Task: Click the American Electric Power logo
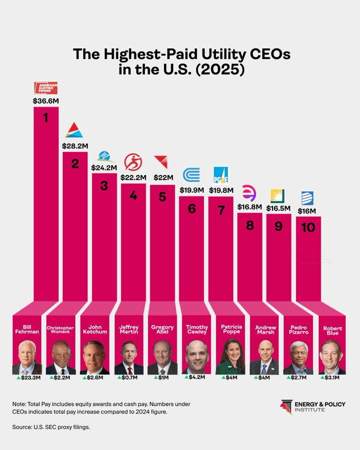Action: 46,88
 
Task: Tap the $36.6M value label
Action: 46,100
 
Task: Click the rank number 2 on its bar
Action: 75,163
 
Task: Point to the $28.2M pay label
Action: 75,146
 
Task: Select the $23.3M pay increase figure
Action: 29,378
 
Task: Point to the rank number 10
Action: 308,227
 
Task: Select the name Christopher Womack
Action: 61,330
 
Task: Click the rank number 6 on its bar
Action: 191,208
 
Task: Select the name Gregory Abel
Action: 162,330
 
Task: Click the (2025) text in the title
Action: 216,69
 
